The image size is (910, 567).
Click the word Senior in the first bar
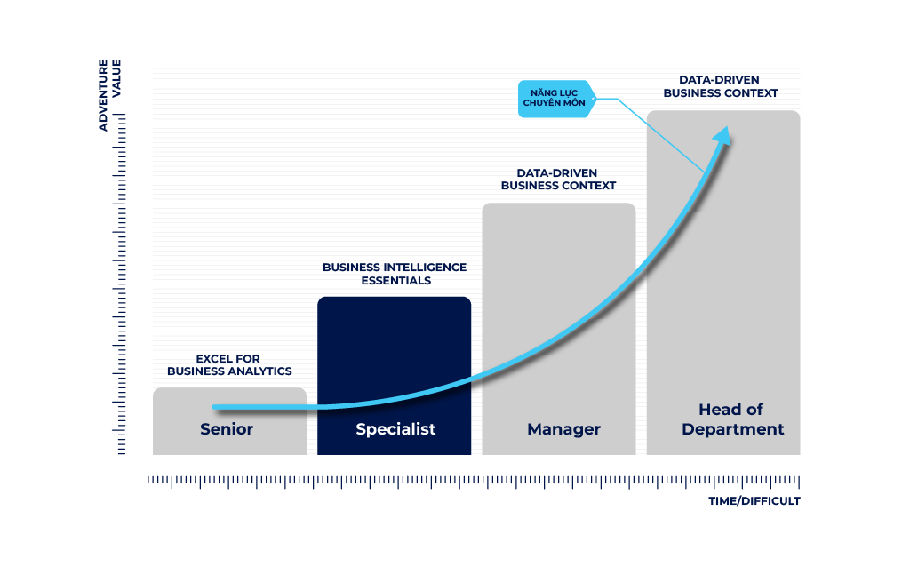coord(227,429)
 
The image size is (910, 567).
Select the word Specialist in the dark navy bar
coord(395,429)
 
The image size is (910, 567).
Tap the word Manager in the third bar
coord(563,429)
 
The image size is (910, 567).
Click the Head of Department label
coord(732,419)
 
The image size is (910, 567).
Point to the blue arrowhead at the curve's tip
coord(722,136)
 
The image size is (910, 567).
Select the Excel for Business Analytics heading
coord(229,365)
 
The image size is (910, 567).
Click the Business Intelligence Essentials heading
coord(395,274)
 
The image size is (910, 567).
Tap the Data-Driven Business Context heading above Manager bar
coord(558,180)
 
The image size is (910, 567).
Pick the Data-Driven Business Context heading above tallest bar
coord(720,86)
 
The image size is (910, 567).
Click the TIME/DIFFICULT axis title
coord(754,501)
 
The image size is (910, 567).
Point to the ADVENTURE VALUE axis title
coord(109,94)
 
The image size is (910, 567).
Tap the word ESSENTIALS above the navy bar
coord(395,281)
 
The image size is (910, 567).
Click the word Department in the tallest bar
coord(732,429)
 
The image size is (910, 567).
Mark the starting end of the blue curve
coord(215,407)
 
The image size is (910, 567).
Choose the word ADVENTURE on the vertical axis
coord(103,94)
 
